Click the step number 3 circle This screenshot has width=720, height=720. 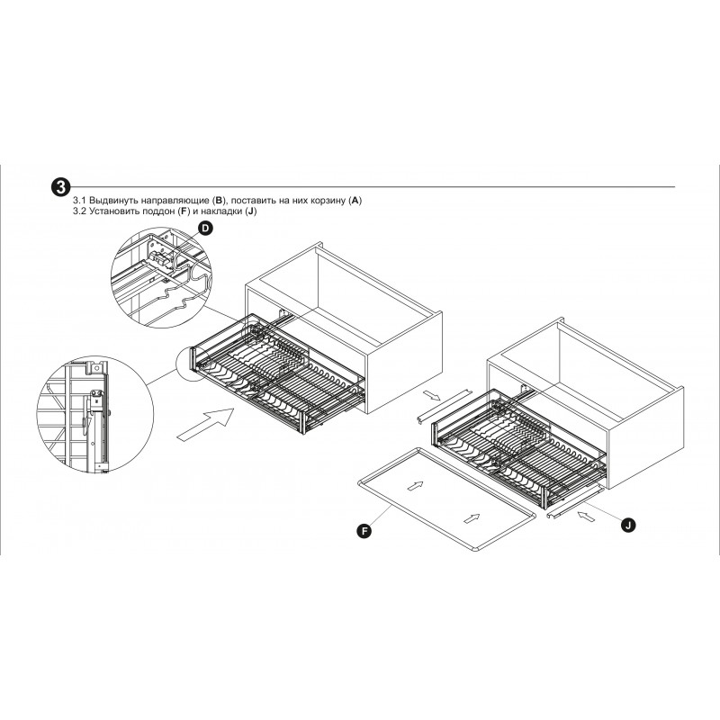[60, 186]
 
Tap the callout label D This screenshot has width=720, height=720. [206, 229]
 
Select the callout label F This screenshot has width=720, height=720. [364, 531]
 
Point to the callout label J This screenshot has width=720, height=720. [628, 525]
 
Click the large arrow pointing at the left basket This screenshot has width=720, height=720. [206, 424]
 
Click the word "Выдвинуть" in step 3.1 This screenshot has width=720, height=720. [113, 201]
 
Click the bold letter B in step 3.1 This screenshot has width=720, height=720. [219, 201]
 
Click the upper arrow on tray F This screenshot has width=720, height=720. [415, 485]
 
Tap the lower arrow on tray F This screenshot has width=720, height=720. [472, 518]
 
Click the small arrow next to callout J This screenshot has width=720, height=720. [587, 517]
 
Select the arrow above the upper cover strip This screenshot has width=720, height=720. [432, 395]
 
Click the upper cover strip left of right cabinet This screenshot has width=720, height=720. [444, 407]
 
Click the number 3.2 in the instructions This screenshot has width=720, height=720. [79, 211]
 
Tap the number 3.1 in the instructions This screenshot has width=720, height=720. [79, 201]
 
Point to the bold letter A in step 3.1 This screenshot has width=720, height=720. [355, 201]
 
